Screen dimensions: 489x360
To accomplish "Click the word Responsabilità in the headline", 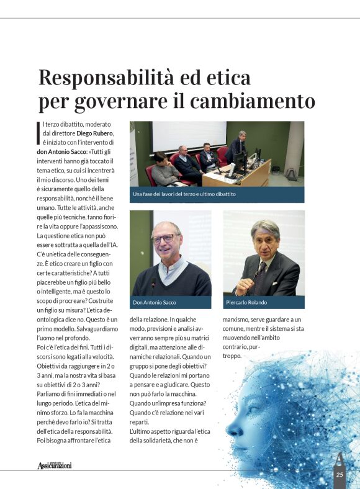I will click(x=100, y=78).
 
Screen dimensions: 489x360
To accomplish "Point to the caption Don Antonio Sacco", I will click(x=155, y=303).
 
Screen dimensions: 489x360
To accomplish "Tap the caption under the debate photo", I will click(x=184, y=194).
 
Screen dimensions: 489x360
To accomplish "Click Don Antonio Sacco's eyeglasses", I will click(x=163, y=238).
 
